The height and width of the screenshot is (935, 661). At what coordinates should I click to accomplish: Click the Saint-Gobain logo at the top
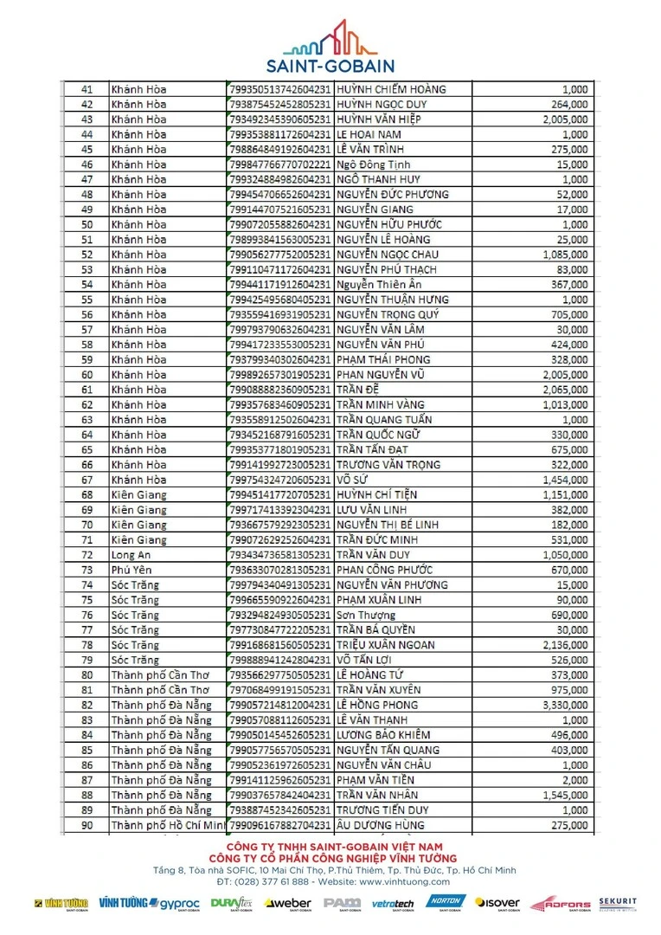[x=330, y=47]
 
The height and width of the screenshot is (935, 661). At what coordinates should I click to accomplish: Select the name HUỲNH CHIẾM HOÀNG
[x=390, y=89]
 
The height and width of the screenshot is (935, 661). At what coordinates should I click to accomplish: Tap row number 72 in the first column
[x=87, y=555]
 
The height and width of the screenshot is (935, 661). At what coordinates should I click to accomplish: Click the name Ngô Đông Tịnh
[x=374, y=164]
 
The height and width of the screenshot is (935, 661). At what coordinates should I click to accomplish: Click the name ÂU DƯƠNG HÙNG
[x=380, y=825]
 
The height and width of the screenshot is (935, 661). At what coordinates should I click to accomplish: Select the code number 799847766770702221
[x=280, y=164]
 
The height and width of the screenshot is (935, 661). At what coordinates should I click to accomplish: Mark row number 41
[x=87, y=89]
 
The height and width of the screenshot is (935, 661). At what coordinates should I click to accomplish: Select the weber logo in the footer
[x=288, y=904]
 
